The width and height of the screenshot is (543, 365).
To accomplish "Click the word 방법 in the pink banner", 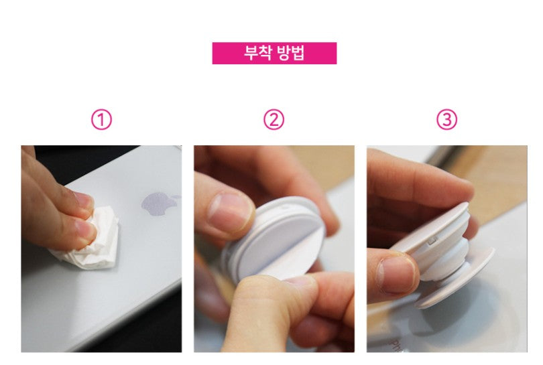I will pos(291,54).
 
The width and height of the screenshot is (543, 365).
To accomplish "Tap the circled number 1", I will pos(101,120).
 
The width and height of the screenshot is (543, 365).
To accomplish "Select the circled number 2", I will pos(274,120).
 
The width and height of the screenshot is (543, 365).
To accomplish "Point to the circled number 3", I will pos(446,120).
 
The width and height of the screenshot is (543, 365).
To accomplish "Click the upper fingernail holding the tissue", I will pos(82,199).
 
